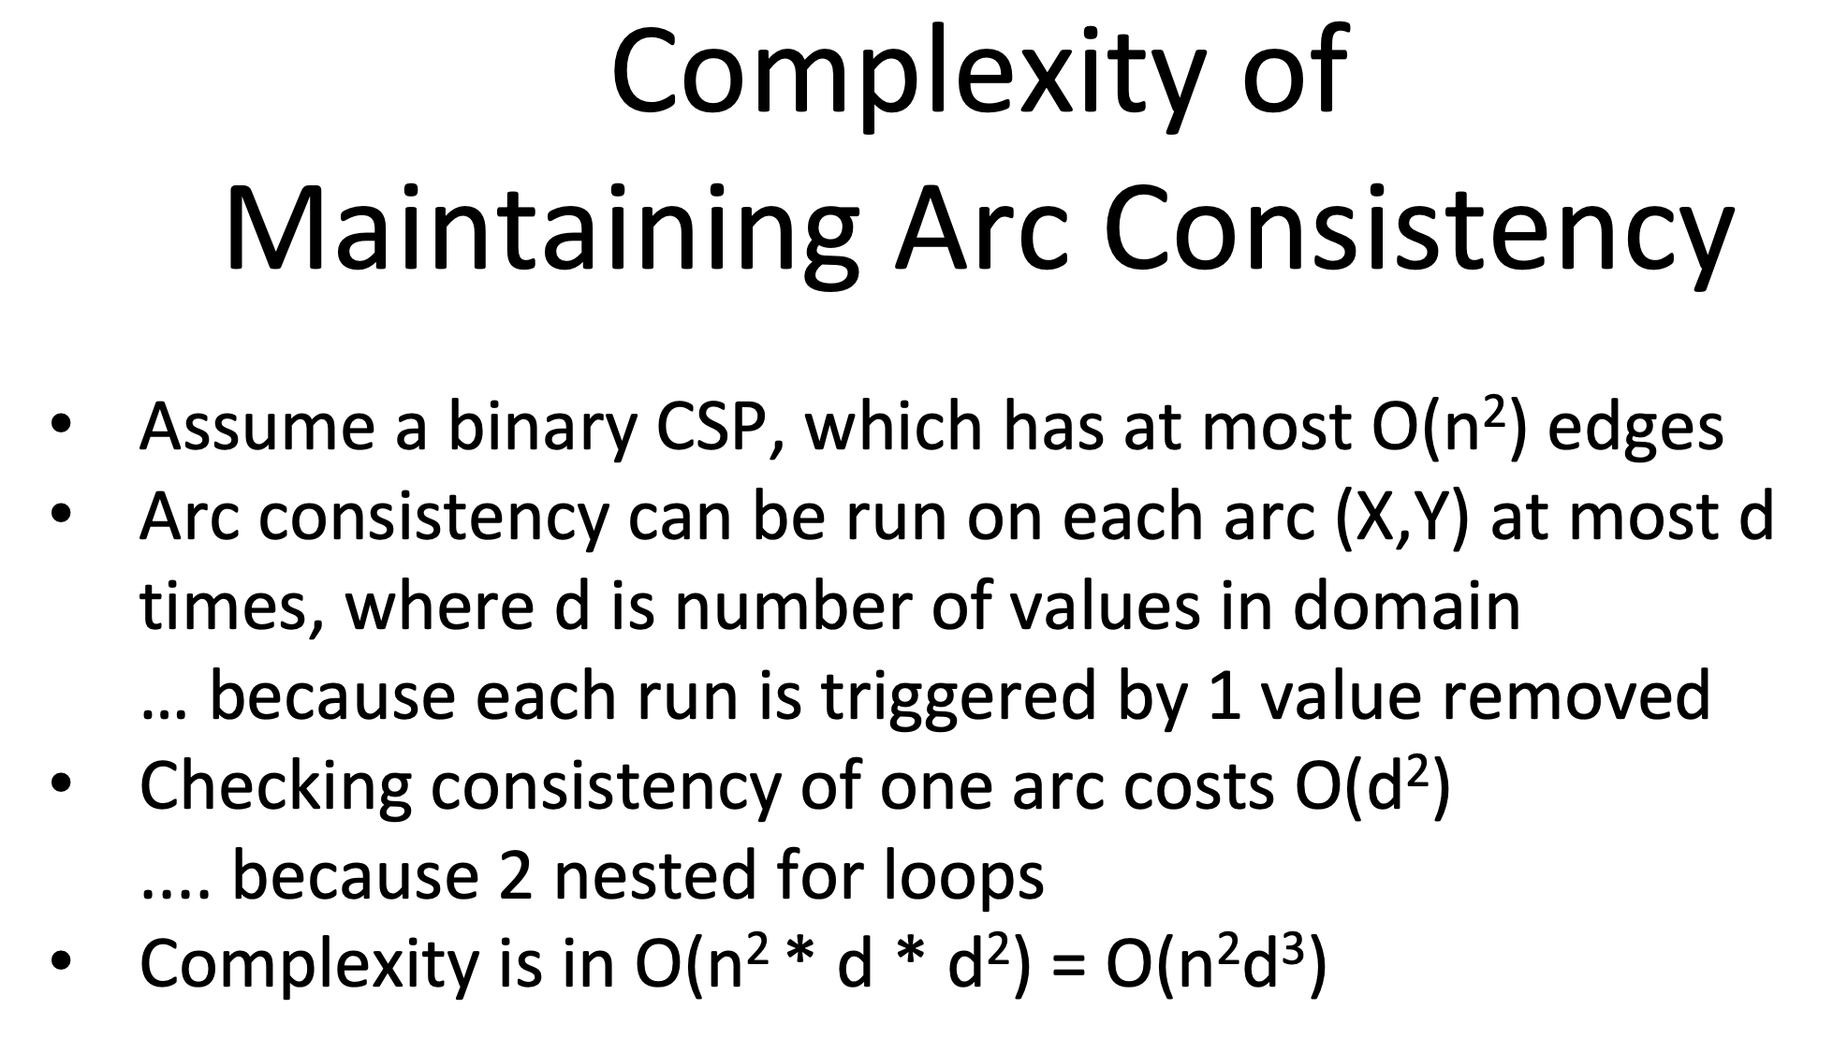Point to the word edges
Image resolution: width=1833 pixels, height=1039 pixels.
[x=1635, y=429]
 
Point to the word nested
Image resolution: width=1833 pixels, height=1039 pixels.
[x=654, y=877]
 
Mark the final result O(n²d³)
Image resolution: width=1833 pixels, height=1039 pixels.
[x=1216, y=965]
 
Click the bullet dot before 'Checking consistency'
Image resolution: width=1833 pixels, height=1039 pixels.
[x=62, y=787]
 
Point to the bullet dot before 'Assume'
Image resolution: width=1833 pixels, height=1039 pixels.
[x=62, y=427]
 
